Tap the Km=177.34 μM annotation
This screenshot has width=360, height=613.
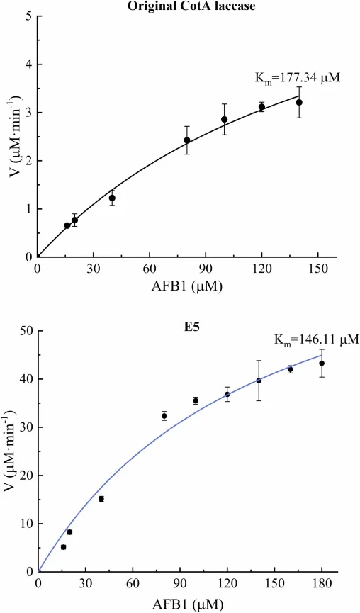point(298,78)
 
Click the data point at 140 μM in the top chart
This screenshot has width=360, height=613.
point(299,103)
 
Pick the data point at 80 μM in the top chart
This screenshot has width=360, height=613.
point(187,140)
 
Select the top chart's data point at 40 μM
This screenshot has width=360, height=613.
point(112,198)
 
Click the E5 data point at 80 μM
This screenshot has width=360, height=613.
point(164,415)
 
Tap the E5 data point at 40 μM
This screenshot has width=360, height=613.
point(101,498)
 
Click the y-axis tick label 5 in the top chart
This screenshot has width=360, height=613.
point(29,16)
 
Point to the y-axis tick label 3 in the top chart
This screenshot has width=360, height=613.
point(29,113)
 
